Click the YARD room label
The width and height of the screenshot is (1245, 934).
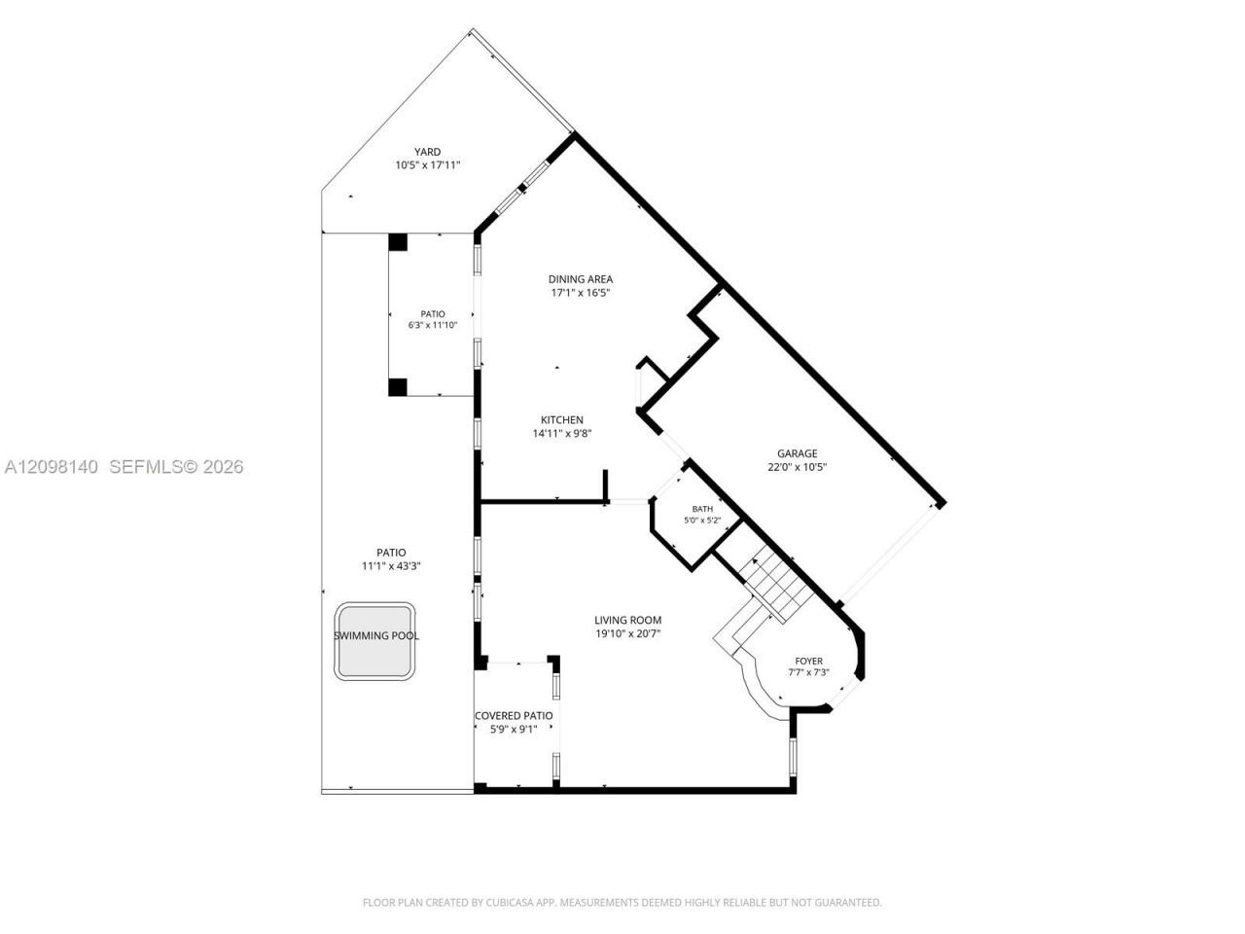[427, 152]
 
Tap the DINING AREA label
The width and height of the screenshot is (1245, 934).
[581, 279]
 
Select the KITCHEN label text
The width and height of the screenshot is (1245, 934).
[561, 419]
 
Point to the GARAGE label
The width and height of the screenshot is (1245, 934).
[797, 453]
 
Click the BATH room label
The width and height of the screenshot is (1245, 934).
[702, 509]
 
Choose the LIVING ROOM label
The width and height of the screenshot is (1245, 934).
[628, 620]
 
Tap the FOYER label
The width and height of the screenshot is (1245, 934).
[809, 661]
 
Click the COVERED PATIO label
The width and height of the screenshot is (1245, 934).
[514, 716]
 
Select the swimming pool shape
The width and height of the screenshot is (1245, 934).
[374, 641]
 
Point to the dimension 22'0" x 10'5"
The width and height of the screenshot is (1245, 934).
[797, 467]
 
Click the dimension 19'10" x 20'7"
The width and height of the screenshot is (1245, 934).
[628, 633]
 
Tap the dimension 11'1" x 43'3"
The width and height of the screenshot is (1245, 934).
[391, 566]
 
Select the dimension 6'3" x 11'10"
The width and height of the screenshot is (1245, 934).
[433, 326]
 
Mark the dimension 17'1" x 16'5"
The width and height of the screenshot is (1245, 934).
[581, 293]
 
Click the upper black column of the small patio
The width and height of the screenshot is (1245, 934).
[398, 241]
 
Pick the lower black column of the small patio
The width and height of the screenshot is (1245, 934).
[398, 387]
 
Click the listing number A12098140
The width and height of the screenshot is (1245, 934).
[52, 467]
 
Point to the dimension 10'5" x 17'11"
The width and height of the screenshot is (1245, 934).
[428, 165]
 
